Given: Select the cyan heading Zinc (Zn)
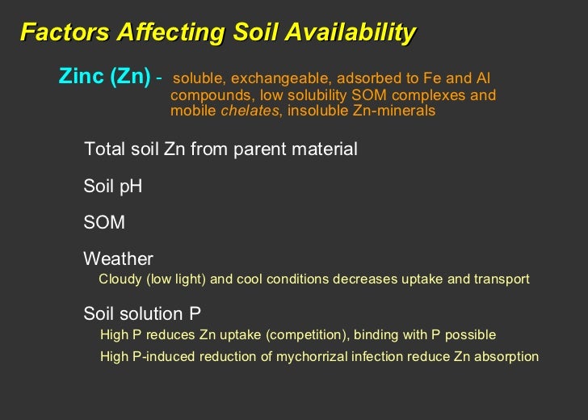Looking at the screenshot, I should click(105, 77).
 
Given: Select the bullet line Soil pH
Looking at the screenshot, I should click(112, 187).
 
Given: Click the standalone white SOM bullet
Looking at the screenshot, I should click(104, 222).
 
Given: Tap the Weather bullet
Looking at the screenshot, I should click(118, 259).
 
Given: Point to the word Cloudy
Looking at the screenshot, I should click(120, 279).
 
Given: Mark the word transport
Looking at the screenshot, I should click(502, 279).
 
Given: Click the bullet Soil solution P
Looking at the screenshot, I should click(142, 313).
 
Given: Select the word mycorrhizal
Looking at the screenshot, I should click(314, 356).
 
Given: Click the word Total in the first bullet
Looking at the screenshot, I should click(104, 149).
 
